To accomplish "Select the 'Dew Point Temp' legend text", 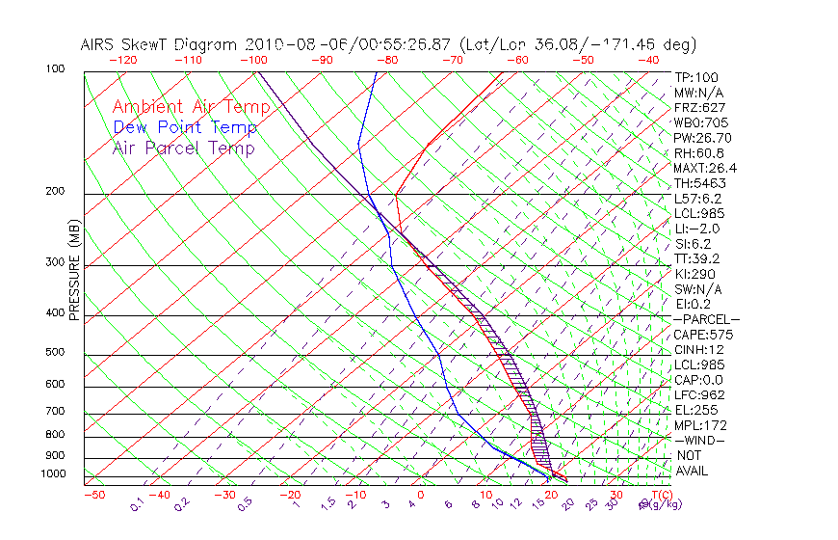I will (x=184, y=127).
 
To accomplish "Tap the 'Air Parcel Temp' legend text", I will (x=183, y=148).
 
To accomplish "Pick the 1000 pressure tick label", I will (x=54, y=473).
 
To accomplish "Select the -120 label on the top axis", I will (x=122, y=60).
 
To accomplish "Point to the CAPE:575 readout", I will (x=703, y=335).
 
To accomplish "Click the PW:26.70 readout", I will (x=703, y=138).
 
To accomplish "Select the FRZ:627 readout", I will (x=699, y=108).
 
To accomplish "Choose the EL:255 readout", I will (x=696, y=410).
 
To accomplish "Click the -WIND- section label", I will (x=699, y=440).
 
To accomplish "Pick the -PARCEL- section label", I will (x=706, y=319).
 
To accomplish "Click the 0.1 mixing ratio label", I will (x=137, y=504).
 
